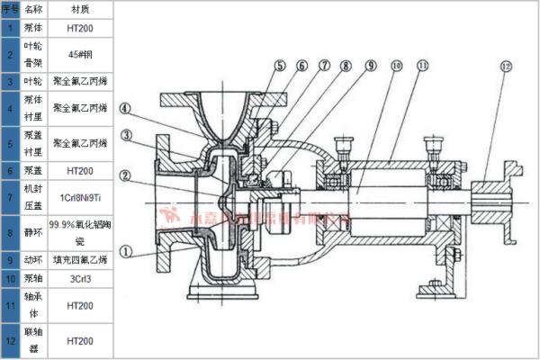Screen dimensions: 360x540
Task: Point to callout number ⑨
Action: tap(370, 66)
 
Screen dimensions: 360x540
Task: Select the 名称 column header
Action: tap(32, 9)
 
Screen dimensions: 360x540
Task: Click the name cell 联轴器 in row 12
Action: tap(32, 341)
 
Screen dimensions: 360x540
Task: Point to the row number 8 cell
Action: tap(9, 229)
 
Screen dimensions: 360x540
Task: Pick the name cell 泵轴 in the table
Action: tap(32, 279)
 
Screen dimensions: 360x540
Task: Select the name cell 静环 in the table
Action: tap(32, 229)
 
